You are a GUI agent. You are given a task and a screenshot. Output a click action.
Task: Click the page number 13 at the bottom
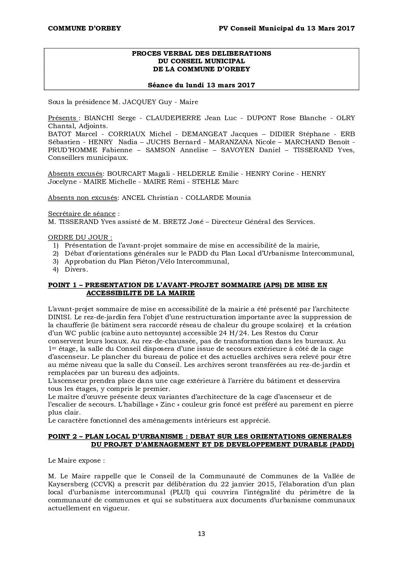201,534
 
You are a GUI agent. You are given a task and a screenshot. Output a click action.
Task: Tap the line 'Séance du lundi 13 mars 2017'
201,85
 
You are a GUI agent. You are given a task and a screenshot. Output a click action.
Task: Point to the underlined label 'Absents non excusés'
83,198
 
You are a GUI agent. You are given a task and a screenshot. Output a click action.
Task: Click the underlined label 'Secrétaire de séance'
82,214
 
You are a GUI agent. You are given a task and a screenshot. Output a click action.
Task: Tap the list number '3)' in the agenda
56,261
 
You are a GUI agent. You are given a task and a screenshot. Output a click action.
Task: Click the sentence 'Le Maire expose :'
76,460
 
